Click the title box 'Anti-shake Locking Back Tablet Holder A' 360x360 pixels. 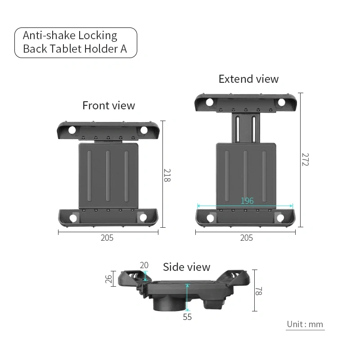[76, 42]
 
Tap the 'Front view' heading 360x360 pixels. [108, 105]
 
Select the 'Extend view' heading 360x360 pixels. [248, 79]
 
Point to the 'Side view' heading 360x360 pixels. [186, 267]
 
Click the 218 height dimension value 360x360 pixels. [167, 175]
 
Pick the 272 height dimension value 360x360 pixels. [305, 159]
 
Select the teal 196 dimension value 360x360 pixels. [247, 201]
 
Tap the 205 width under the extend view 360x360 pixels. [246, 238]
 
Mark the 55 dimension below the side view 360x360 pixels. [187, 317]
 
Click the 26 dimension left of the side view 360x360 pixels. [108, 279]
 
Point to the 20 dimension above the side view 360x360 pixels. [144, 265]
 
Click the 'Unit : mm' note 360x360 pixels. [305, 324]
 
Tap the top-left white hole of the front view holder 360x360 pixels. [72, 130]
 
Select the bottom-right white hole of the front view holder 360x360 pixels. [144, 218]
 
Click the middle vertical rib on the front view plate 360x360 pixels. [108, 175]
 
